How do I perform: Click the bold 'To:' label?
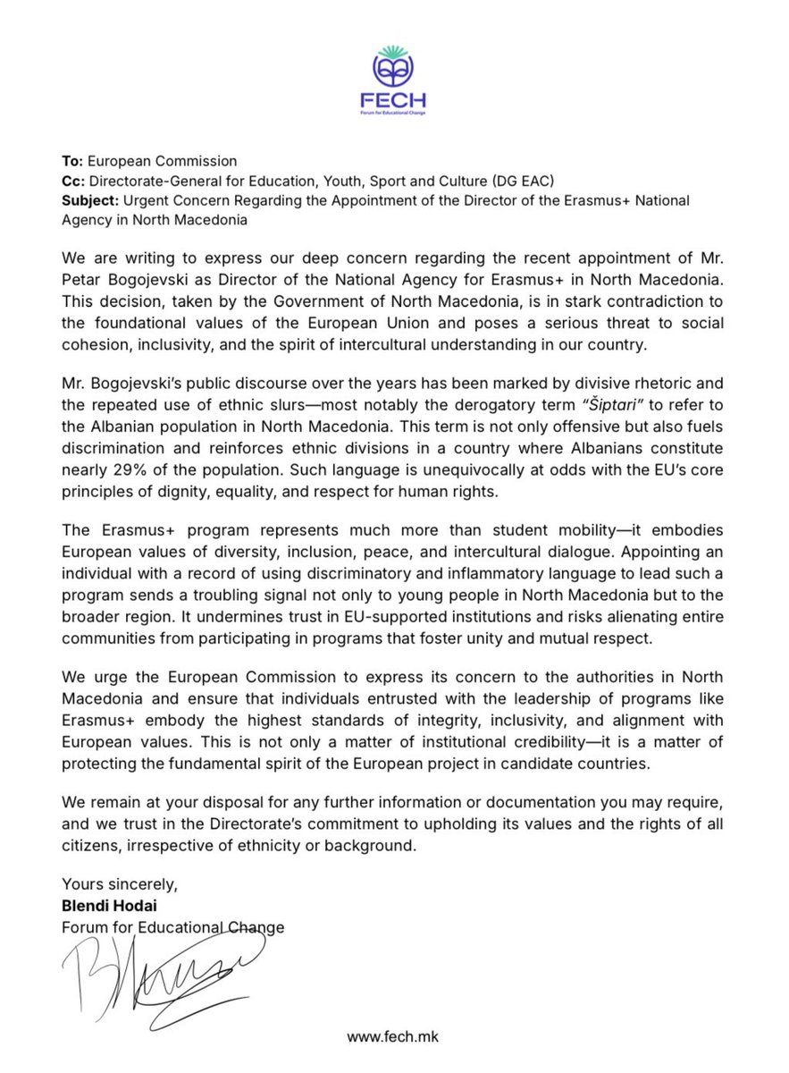[72, 161]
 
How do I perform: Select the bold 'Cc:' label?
[72, 181]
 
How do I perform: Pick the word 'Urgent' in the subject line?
[156, 200]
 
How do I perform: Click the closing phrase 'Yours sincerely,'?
[120, 885]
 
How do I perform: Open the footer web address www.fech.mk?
[393, 1037]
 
